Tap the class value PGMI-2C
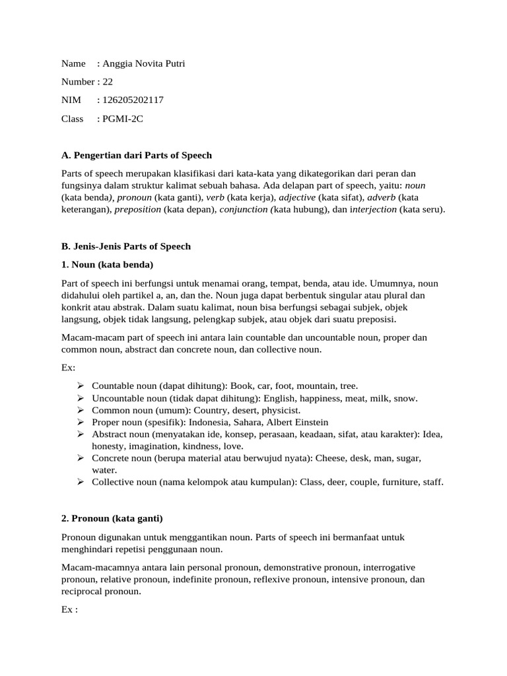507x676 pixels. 123,119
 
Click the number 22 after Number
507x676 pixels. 108,82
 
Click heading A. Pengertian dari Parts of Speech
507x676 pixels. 137,155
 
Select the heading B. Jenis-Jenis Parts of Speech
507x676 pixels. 126,246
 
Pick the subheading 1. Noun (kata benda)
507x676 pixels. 107,265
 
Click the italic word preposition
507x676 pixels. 138,210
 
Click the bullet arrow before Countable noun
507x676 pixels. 80,386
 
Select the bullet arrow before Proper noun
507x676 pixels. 80,422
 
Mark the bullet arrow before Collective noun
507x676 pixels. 80,482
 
